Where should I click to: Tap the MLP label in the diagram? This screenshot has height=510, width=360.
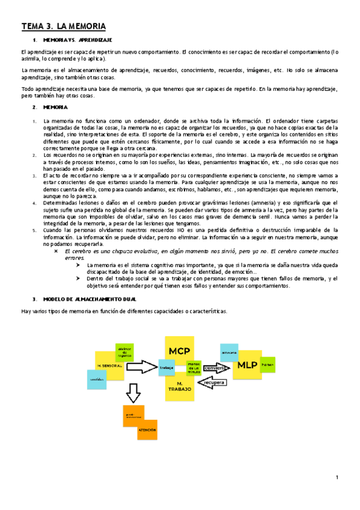[246, 364]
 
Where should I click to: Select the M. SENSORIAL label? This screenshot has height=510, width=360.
[110, 366]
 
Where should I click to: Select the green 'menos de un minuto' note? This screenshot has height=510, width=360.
[194, 367]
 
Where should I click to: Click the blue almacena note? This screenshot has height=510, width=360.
[229, 351]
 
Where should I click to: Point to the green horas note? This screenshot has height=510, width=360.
[267, 365]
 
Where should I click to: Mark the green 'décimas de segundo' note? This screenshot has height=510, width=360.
[125, 351]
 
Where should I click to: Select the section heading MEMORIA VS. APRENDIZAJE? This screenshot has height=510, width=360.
[78, 40]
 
